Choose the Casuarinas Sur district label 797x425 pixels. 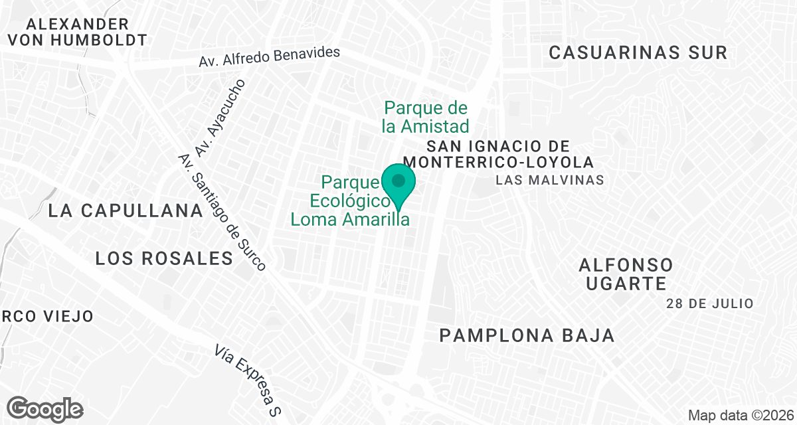pyautogui.click(x=638, y=53)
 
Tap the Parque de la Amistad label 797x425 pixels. pyautogui.click(x=426, y=117)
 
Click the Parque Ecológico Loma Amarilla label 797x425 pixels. pyautogui.click(x=349, y=201)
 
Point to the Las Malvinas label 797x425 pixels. pyautogui.click(x=549, y=180)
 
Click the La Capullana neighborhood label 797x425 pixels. pyautogui.click(x=126, y=211)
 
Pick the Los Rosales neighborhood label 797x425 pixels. pyautogui.click(x=164, y=258)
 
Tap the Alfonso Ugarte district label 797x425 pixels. pyautogui.click(x=626, y=274)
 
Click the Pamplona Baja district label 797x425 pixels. pyautogui.click(x=527, y=336)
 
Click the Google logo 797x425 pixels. pyautogui.click(x=44, y=408)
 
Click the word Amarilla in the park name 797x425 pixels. pyautogui.click(x=375, y=219)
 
